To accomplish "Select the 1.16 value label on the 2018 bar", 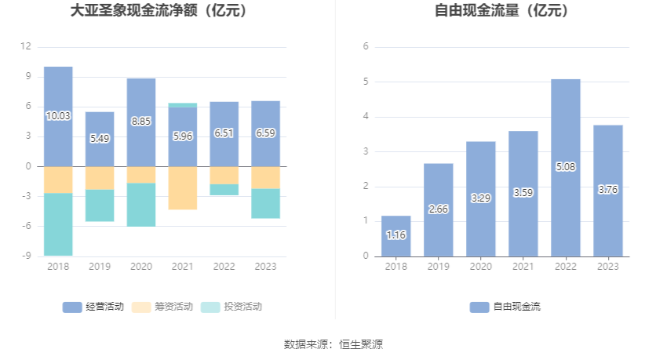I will (396, 235).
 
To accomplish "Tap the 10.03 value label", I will (58, 116).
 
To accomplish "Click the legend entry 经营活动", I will (93, 307).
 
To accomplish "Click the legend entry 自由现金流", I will (505, 307).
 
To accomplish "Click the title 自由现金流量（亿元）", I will (502, 11).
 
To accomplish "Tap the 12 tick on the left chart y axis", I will (26, 46).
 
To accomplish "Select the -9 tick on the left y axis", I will (26, 256).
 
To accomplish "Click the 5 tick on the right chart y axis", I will (366, 82).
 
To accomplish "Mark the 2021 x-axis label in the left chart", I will (182, 267).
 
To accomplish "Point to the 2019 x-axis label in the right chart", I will (438, 267).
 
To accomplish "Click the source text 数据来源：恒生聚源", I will (333, 344).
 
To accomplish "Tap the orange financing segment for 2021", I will (182, 187).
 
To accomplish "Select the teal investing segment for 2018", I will (58, 224).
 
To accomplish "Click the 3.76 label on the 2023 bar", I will (607, 190).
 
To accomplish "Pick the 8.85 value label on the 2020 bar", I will (141, 122).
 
